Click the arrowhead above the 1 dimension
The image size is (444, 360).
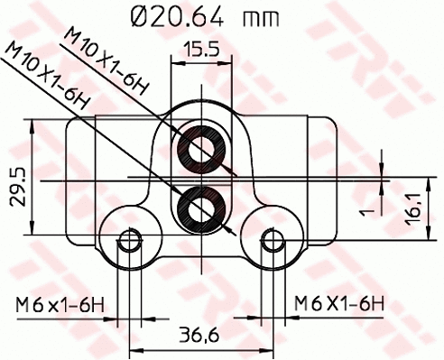tap(381, 170)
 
